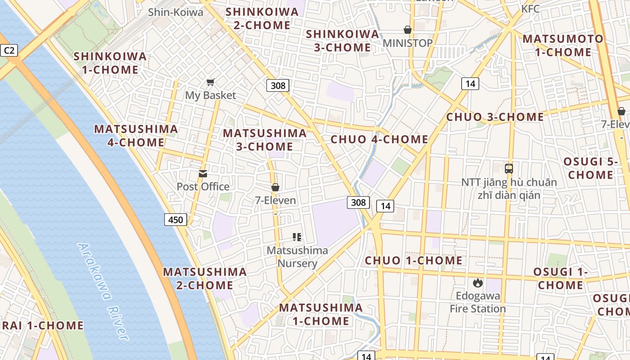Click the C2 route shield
9,50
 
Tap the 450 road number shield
175,220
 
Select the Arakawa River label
103,292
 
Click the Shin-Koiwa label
175,12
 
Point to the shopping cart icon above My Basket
210,82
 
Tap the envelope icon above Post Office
203,174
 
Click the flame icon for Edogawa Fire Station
477,283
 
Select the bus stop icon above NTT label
509,169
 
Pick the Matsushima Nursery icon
297,237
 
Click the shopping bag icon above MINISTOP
407,30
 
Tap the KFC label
530,9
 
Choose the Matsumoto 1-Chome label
562,45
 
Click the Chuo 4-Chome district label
379,139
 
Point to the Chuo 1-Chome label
414,261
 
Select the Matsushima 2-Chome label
205,279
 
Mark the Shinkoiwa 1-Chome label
110,63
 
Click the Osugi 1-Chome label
560,279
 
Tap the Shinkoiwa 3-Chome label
342,40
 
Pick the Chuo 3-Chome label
495,117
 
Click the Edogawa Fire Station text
477,302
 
